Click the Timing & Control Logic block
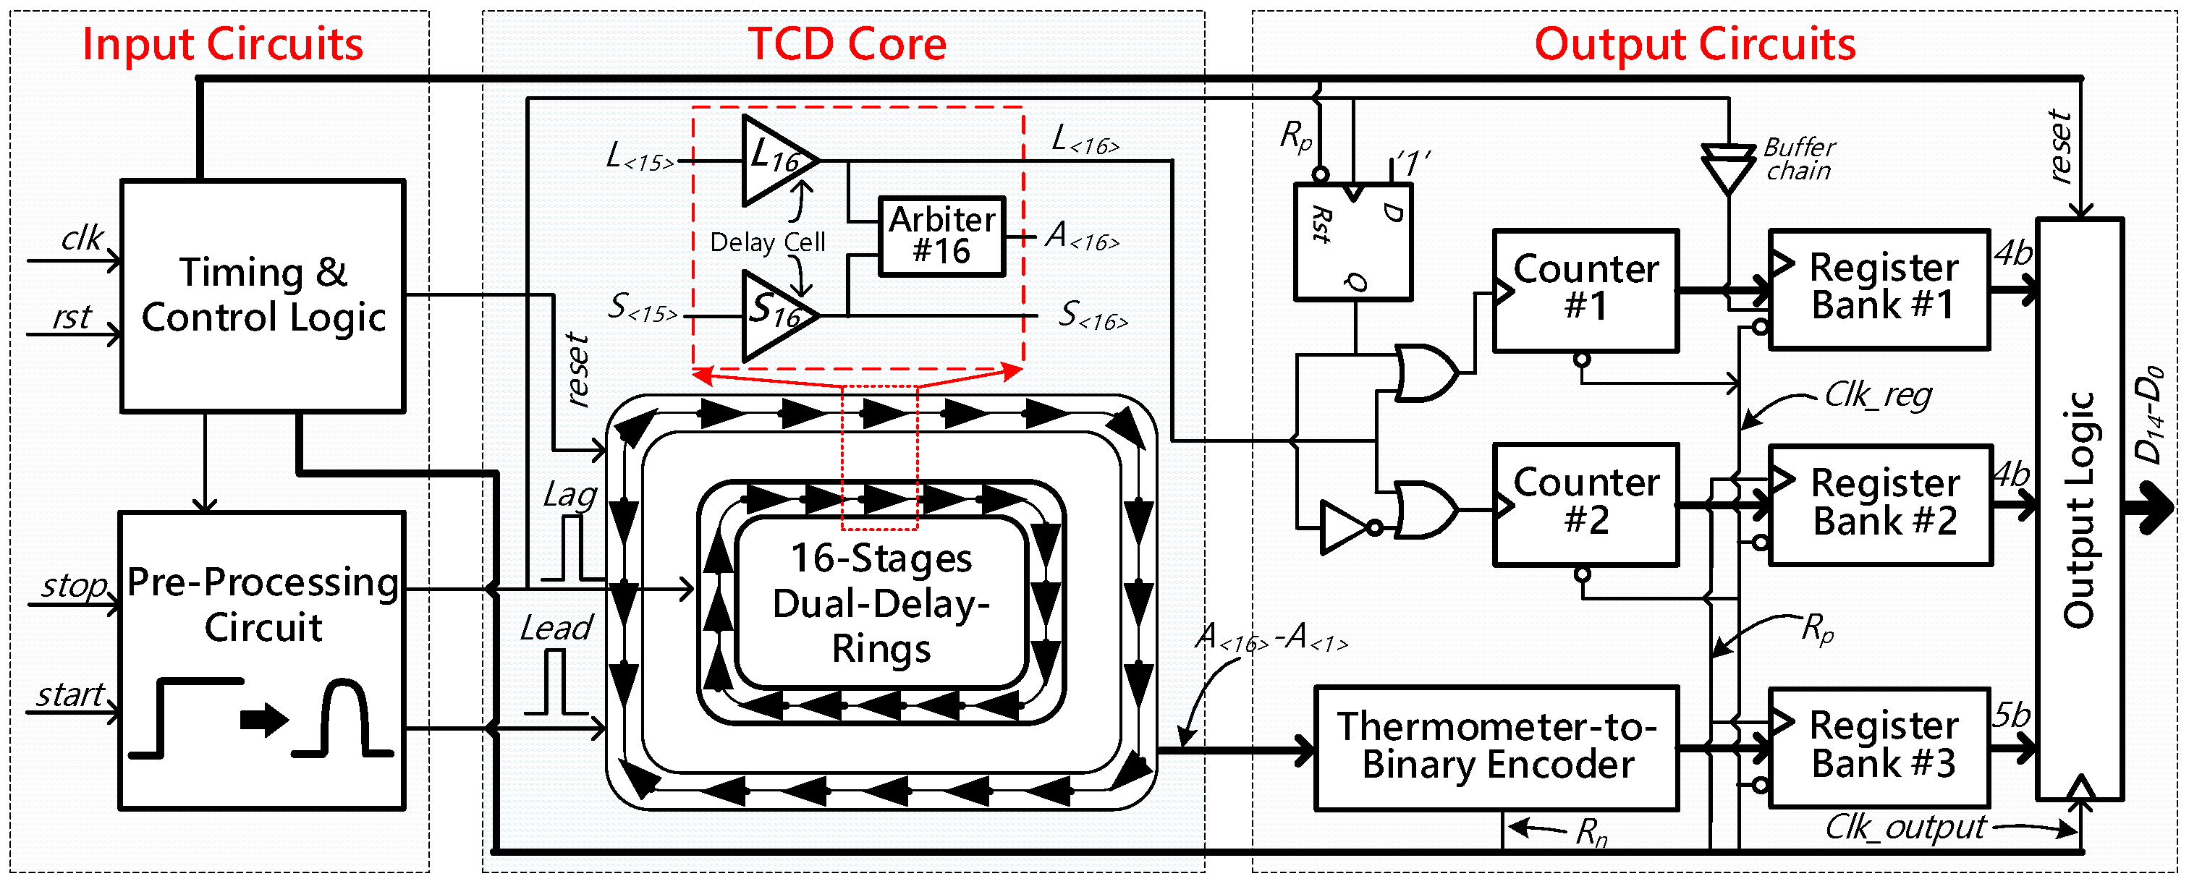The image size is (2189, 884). tap(263, 296)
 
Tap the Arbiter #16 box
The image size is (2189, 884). tap(941, 236)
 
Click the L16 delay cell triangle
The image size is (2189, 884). tap(775, 160)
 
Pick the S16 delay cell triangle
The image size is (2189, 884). tap(775, 315)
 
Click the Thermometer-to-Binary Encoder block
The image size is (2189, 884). tap(1496, 747)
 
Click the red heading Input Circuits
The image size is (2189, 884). tap(223, 44)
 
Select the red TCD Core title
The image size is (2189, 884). tap(847, 44)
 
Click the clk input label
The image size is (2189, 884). tap(82, 239)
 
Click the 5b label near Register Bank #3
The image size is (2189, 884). tap(2012, 715)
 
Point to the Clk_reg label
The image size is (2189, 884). tap(1878, 395)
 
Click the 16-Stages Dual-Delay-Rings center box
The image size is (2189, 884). tap(881, 602)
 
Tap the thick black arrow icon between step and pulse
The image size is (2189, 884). tap(263, 720)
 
